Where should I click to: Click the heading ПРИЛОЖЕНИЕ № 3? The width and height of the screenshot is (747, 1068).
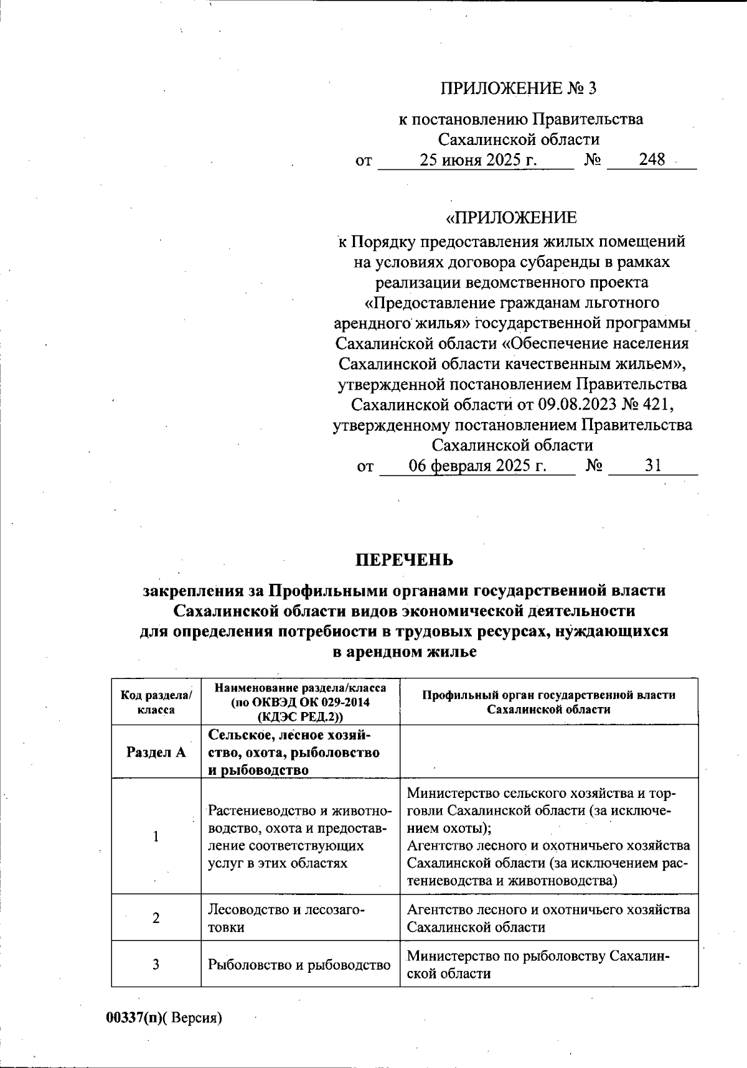coord(518,88)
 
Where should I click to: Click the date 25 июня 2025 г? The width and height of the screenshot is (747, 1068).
coord(477,160)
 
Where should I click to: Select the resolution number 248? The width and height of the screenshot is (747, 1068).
coord(652,160)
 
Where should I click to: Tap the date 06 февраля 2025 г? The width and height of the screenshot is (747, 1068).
coord(477,466)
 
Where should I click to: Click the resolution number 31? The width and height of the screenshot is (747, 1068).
coord(653,466)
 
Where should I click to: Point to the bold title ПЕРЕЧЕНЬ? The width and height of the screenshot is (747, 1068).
coord(404,560)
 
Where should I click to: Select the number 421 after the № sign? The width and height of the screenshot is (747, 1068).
coord(659,405)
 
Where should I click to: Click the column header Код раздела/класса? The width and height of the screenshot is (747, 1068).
coord(156,702)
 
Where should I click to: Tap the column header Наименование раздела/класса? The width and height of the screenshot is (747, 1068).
coord(300,702)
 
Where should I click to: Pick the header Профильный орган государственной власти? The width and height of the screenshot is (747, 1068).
coord(548,702)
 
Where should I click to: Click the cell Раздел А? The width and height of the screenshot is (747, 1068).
coord(156,752)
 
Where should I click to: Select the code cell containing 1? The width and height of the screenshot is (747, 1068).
coord(156,836)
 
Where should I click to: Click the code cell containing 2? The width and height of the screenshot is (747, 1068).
coord(156,917)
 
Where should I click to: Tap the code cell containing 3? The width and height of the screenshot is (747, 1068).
coord(156,964)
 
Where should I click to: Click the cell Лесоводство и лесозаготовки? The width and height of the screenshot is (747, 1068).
coord(286,918)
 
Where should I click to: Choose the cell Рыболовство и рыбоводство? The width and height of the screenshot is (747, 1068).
coord(299,965)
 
